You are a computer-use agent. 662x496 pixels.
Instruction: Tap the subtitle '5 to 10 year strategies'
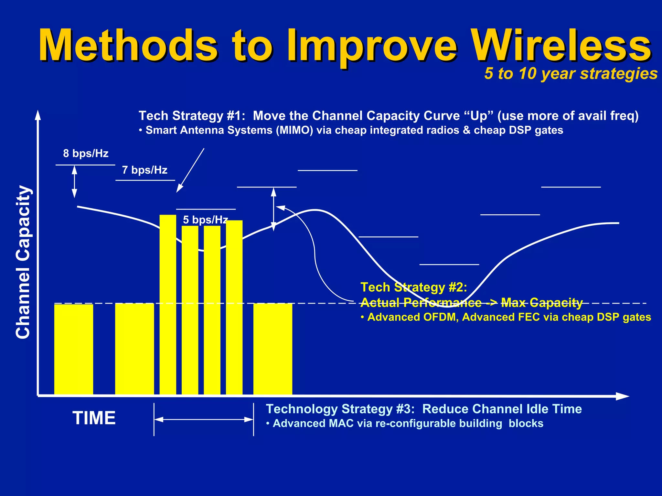pyautogui.click(x=571, y=74)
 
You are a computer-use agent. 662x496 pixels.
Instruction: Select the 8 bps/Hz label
pyautogui.click(x=86, y=153)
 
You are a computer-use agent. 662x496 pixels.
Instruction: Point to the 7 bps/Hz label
pyautogui.click(x=144, y=170)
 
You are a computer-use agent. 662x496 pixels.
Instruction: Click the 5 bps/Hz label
pyautogui.click(x=205, y=220)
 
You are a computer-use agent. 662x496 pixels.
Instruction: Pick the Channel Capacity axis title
pyautogui.click(x=23, y=262)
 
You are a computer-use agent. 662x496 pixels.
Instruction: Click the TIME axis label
pyautogui.click(x=94, y=418)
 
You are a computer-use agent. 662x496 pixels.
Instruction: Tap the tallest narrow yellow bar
pyautogui.click(x=168, y=304)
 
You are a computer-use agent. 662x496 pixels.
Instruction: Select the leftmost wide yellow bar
pyautogui.click(x=74, y=349)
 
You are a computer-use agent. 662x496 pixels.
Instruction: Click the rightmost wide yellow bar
pyautogui.click(x=272, y=349)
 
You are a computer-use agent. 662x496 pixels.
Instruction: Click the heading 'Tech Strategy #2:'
pyautogui.click(x=413, y=287)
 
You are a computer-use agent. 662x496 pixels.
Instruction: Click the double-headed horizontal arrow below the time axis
pyautogui.click(x=204, y=420)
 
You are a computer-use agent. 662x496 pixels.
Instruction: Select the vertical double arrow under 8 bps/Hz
pyautogui.click(x=74, y=181)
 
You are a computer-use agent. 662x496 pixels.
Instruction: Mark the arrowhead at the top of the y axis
pyautogui.click(x=38, y=115)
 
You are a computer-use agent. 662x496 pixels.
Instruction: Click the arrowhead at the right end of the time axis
pyautogui.click(x=622, y=396)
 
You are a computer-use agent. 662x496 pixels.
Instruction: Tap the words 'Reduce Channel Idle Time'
pyautogui.click(x=502, y=409)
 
